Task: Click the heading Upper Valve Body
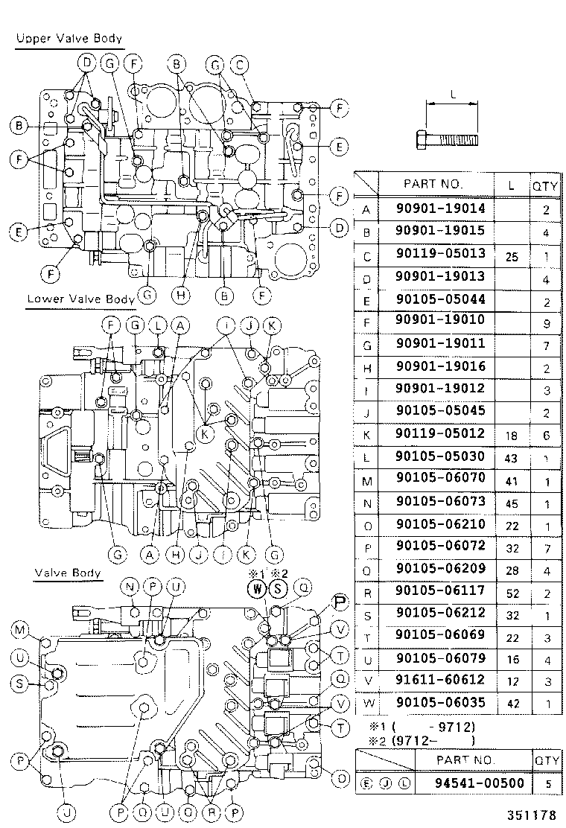(x=69, y=38)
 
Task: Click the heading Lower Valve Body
(x=80, y=299)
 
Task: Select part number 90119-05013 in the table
(x=440, y=253)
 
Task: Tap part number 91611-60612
(x=440, y=679)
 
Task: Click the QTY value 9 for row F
(x=546, y=321)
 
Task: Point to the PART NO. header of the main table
(x=433, y=183)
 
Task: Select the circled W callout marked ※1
(x=258, y=589)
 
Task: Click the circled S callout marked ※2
(x=278, y=589)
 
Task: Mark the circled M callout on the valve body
(x=20, y=631)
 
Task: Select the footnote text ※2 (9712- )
(x=422, y=740)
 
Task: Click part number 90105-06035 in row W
(x=440, y=702)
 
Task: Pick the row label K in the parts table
(x=366, y=433)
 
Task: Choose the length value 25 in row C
(x=511, y=255)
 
